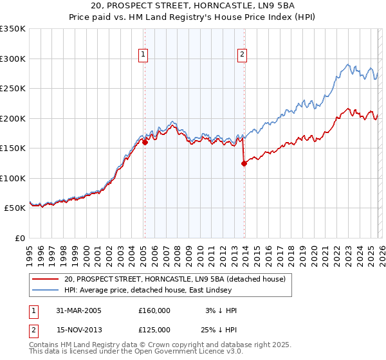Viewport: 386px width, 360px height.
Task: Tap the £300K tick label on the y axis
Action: (13, 59)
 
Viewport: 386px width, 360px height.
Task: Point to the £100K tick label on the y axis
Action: (13, 178)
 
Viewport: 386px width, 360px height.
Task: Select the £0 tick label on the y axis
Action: (19, 238)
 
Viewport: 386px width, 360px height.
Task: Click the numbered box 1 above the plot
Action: (142, 55)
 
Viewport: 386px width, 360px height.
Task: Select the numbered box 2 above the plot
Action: (243, 55)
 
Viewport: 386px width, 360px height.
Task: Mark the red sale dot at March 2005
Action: (145, 143)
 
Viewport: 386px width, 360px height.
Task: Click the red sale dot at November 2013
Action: (244, 163)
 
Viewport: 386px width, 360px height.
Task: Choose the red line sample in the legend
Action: (46, 279)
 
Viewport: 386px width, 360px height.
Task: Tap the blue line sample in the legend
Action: (46, 290)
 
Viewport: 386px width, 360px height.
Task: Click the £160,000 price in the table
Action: (154, 310)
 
